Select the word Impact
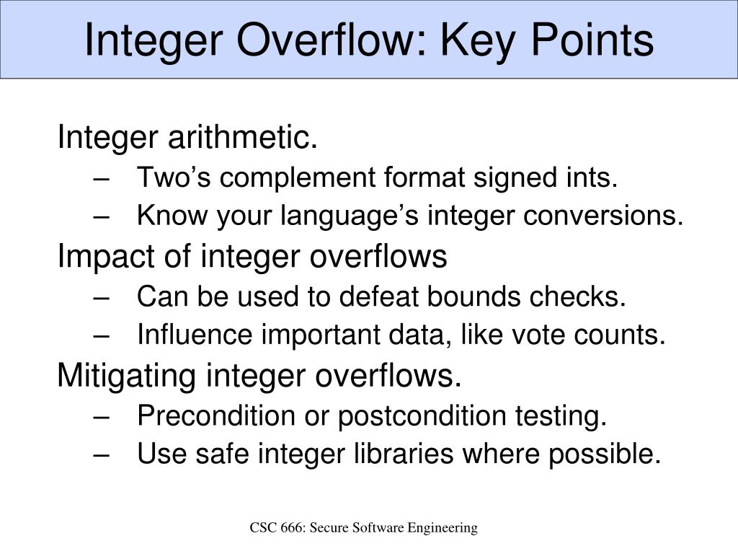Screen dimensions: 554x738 click(x=98, y=256)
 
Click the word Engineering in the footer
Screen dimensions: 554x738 click(x=443, y=528)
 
